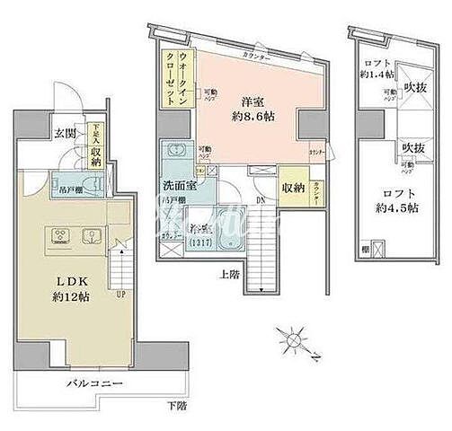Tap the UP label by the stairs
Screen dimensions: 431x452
click(120, 292)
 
